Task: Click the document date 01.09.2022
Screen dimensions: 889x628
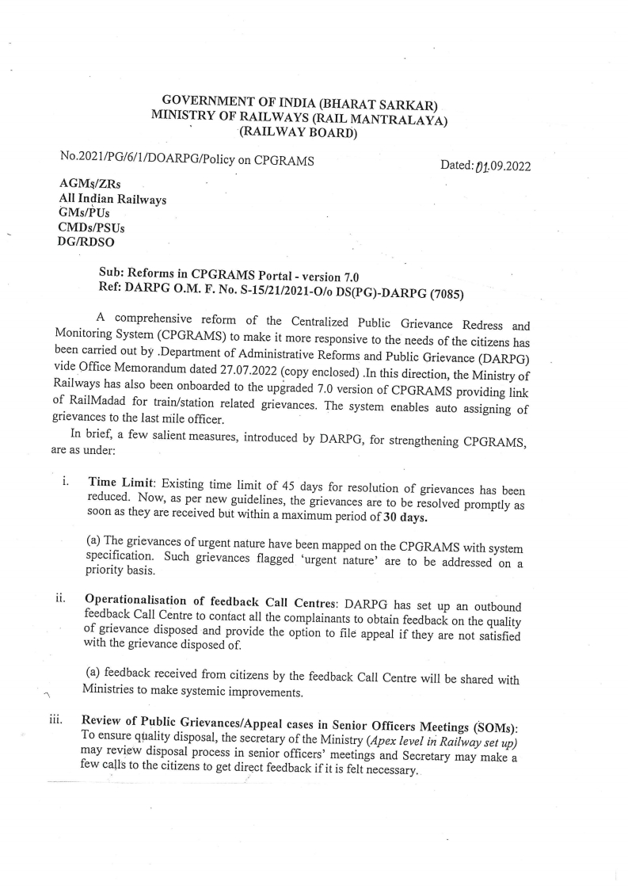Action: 502,166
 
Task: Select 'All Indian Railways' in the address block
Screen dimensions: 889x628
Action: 112,199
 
